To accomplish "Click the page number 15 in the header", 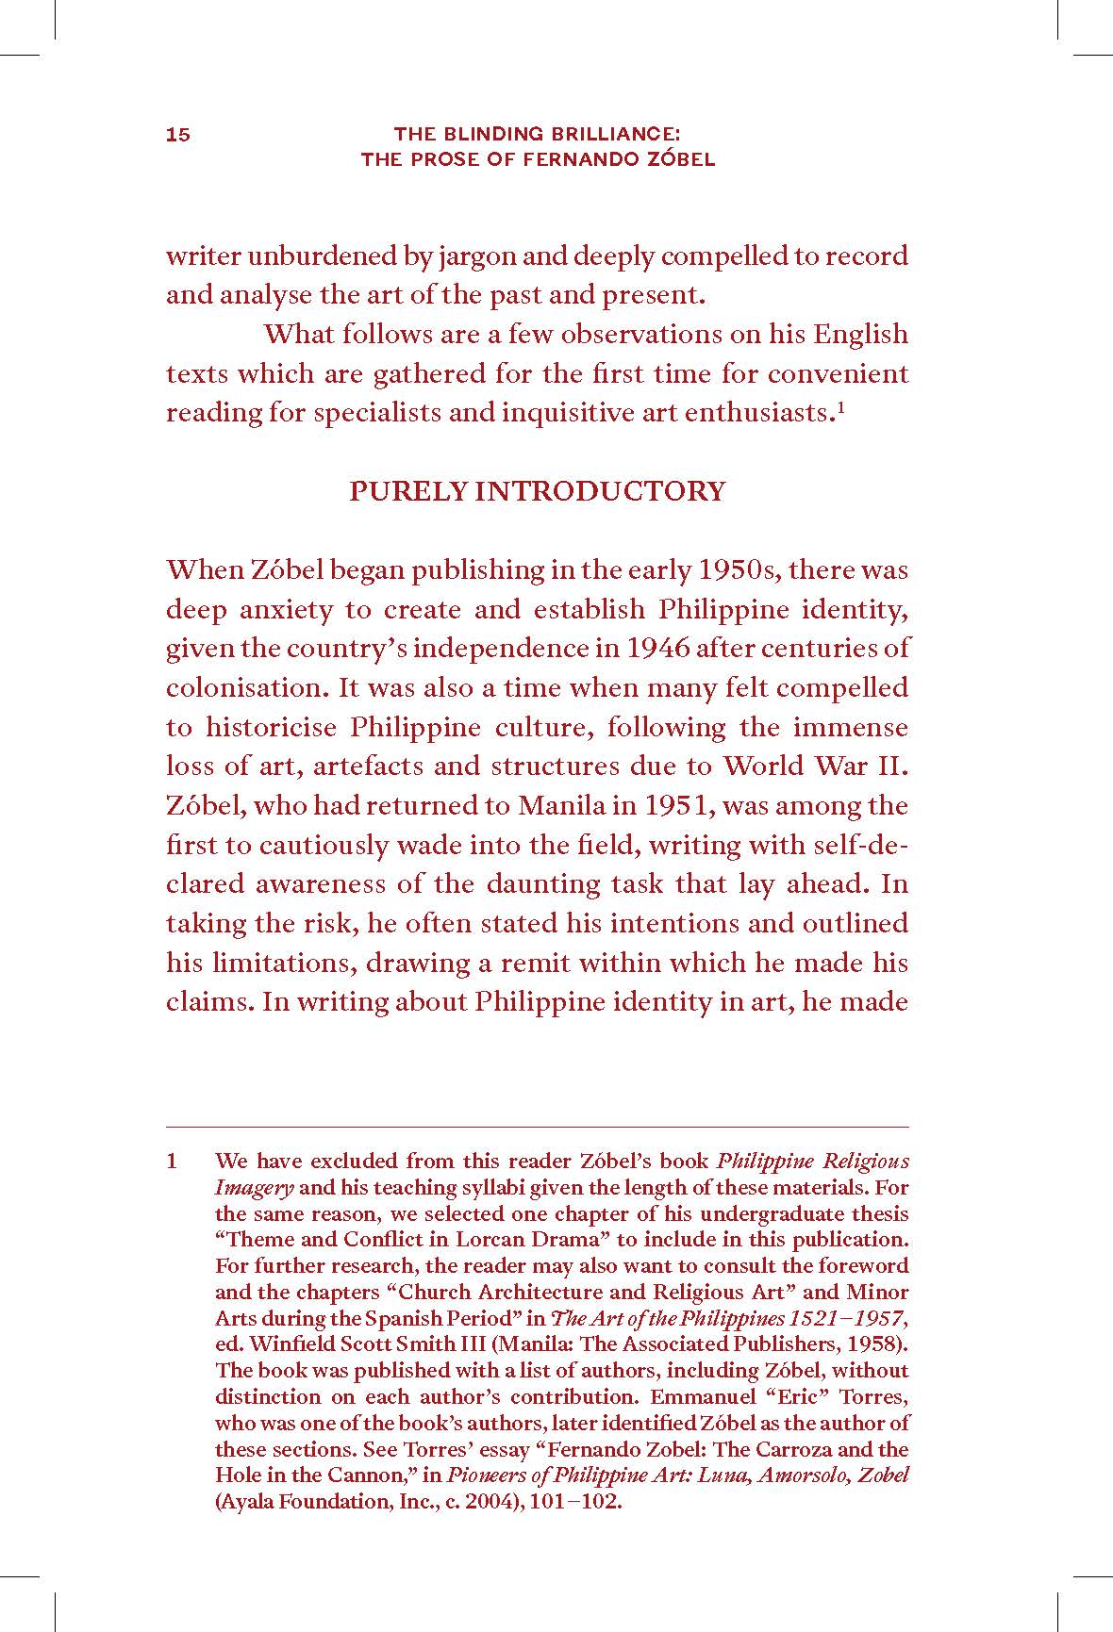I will (178, 135).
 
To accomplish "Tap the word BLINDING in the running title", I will (488, 135).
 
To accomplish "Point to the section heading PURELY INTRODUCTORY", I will (538, 491).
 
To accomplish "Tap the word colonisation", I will (247, 688).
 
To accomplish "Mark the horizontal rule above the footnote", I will (538, 1127).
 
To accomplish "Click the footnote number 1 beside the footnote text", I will (172, 1162).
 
